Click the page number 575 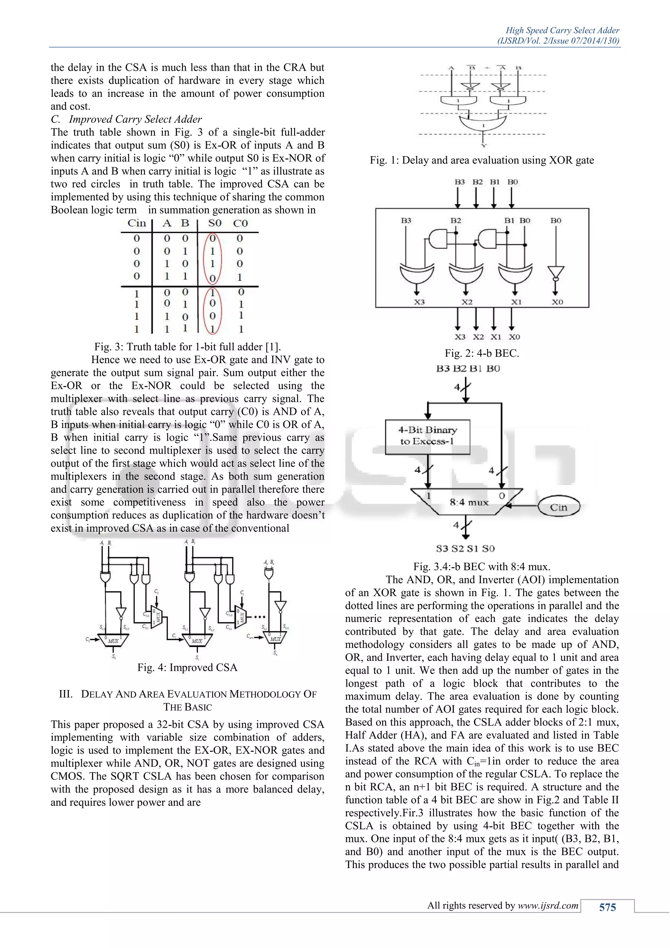[607, 907]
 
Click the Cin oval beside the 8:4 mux [559, 507]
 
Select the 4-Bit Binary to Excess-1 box [427, 436]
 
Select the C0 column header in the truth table [240, 223]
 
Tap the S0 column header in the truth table [215, 223]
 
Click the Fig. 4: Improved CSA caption [187, 668]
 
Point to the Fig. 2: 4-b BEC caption [482, 353]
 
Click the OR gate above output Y [483, 123]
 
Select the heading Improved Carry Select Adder [135, 119]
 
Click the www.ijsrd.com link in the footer [548, 905]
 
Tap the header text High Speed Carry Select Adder [562, 30]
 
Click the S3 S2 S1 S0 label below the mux [466, 549]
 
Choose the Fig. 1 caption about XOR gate [482, 160]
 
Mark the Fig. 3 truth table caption [187, 347]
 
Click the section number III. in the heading [66, 694]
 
